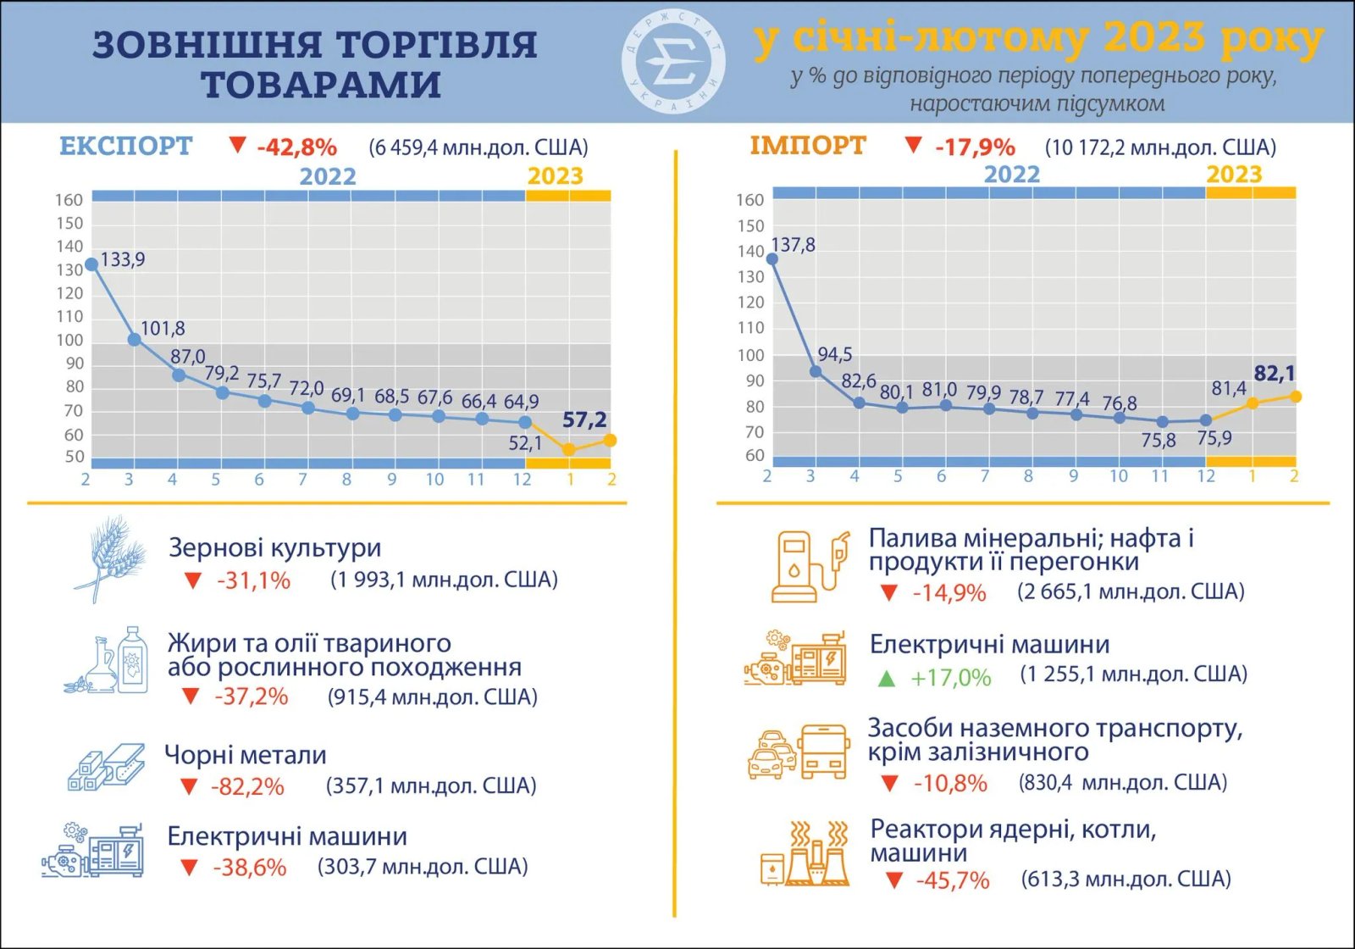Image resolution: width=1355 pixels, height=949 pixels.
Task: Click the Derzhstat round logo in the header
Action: click(x=674, y=63)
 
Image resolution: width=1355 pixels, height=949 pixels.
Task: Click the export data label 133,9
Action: click(x=123, y=259)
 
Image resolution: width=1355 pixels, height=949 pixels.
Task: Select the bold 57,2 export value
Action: click(x=584, y=419)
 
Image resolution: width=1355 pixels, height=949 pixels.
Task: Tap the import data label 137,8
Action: click(x=793, y=245)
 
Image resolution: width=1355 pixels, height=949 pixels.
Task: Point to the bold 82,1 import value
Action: click(x=1274, y=373)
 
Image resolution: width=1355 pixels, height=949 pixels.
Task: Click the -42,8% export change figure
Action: click(x=296, y=147)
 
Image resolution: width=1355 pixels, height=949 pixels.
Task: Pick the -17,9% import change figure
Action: click(x=975, y=147)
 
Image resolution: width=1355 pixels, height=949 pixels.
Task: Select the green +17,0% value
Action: click(x=950, y=678)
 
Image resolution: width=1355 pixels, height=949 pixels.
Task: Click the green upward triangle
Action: click(x=886, y=678)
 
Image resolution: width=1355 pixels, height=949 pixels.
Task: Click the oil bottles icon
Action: click(x=108, y=662)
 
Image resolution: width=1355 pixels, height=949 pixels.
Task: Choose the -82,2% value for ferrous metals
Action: click(x=247, y=786)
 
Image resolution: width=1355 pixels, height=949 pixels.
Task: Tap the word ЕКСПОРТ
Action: click(x=126, y=146)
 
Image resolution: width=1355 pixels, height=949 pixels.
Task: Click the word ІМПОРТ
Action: click(x=807, y=146)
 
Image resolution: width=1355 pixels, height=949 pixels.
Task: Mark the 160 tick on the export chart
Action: click(x=69, y=200)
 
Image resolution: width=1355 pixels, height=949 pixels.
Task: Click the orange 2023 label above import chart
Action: click(x=1234, y=174)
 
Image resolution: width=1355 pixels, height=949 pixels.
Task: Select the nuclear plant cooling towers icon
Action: click(x=804, y=854)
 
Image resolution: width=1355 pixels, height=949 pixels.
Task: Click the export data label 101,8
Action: click(x=163, y=328)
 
